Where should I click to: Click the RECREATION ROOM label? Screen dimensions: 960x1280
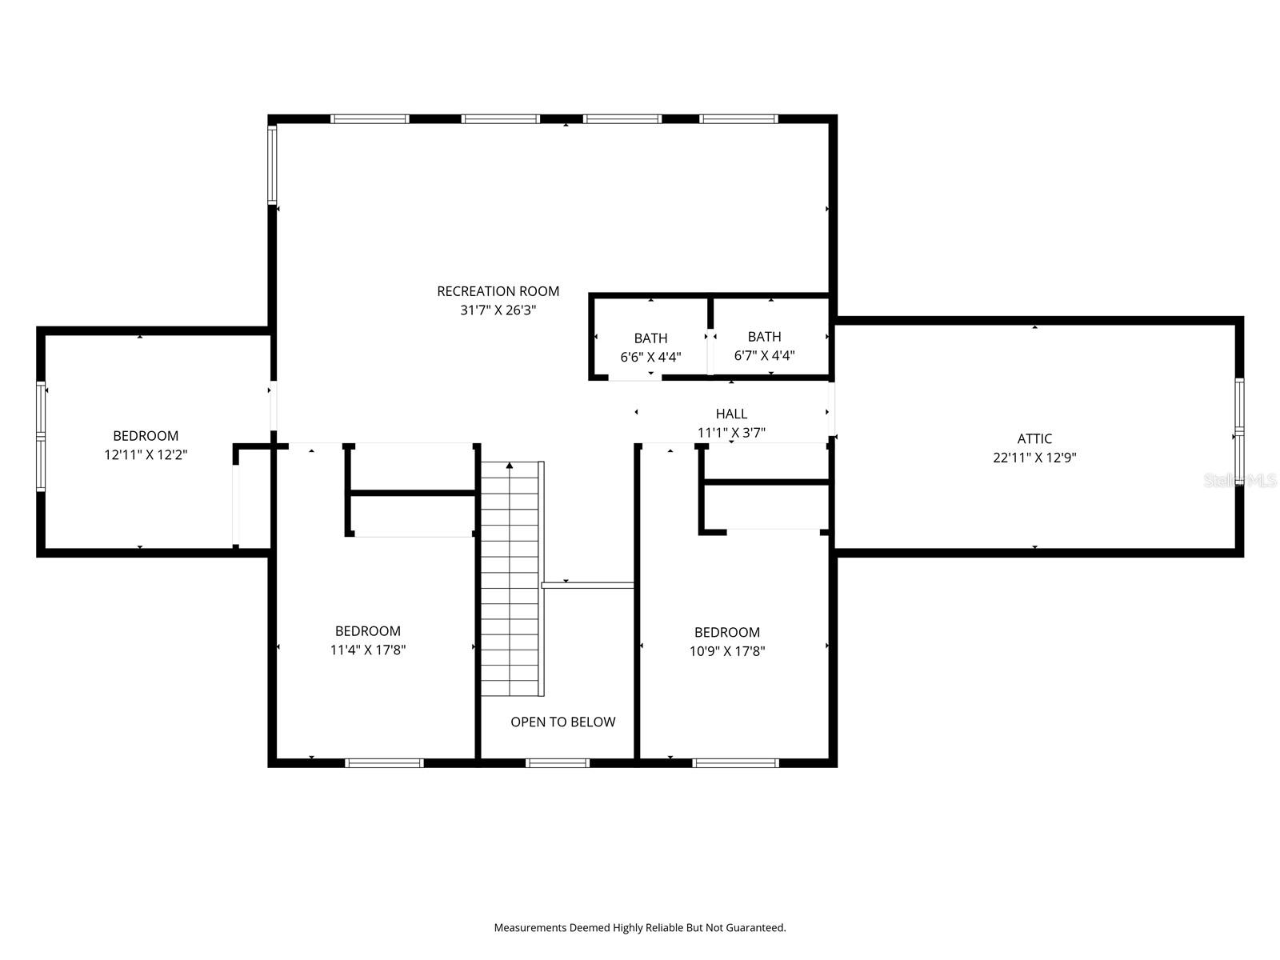pyautogui.click(x=498, y=291)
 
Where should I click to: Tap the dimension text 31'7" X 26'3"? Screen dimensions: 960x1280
pyautogui.click(x=498, y=310)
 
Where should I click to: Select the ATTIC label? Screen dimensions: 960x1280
pyautogui.click(x=1034, y=438)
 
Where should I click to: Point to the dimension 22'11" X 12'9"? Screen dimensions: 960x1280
pyautogui.click(x=1034, y=458)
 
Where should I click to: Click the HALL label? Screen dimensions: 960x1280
pyautogui.click(x=731, y=414)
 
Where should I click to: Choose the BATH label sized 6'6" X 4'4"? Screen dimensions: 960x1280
pyautogui.click(x=650, y=338)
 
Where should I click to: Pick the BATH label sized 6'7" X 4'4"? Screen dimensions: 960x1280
pyautogui.click(x=764, y=337)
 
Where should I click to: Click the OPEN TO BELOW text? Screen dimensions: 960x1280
pyautogui.click(x=562, y=722)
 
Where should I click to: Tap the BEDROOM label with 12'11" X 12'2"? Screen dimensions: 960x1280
pyautogui.click(x=146, y=436)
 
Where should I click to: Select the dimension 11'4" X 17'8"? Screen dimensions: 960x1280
pyautogui.click(x=368, y=650)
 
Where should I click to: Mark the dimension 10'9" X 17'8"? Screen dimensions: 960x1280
pyautogui.click(x=727, y=651)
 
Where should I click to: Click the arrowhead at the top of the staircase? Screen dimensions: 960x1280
pyautogui.click(x=510, y=465)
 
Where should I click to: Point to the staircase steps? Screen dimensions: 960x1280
pyautogui.click(x=510, y=584)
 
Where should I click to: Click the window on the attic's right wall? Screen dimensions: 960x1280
pyautogui.click(x=1239, y=432)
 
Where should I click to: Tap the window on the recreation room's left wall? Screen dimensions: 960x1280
pyautogui.click(x=272, y=164)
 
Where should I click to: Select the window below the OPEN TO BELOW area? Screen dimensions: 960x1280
pyautogui.click(x=558, y=762)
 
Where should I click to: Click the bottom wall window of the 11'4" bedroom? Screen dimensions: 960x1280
pyautogui.click(x=384, y=762)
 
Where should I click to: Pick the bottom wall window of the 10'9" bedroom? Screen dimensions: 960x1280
pyautogui.click(x=735, y=762)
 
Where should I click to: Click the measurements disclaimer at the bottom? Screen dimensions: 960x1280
pyautogui.click(x=640, y=928)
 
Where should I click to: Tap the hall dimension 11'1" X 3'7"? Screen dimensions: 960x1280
pyautogui.click(x=731, y=433)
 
